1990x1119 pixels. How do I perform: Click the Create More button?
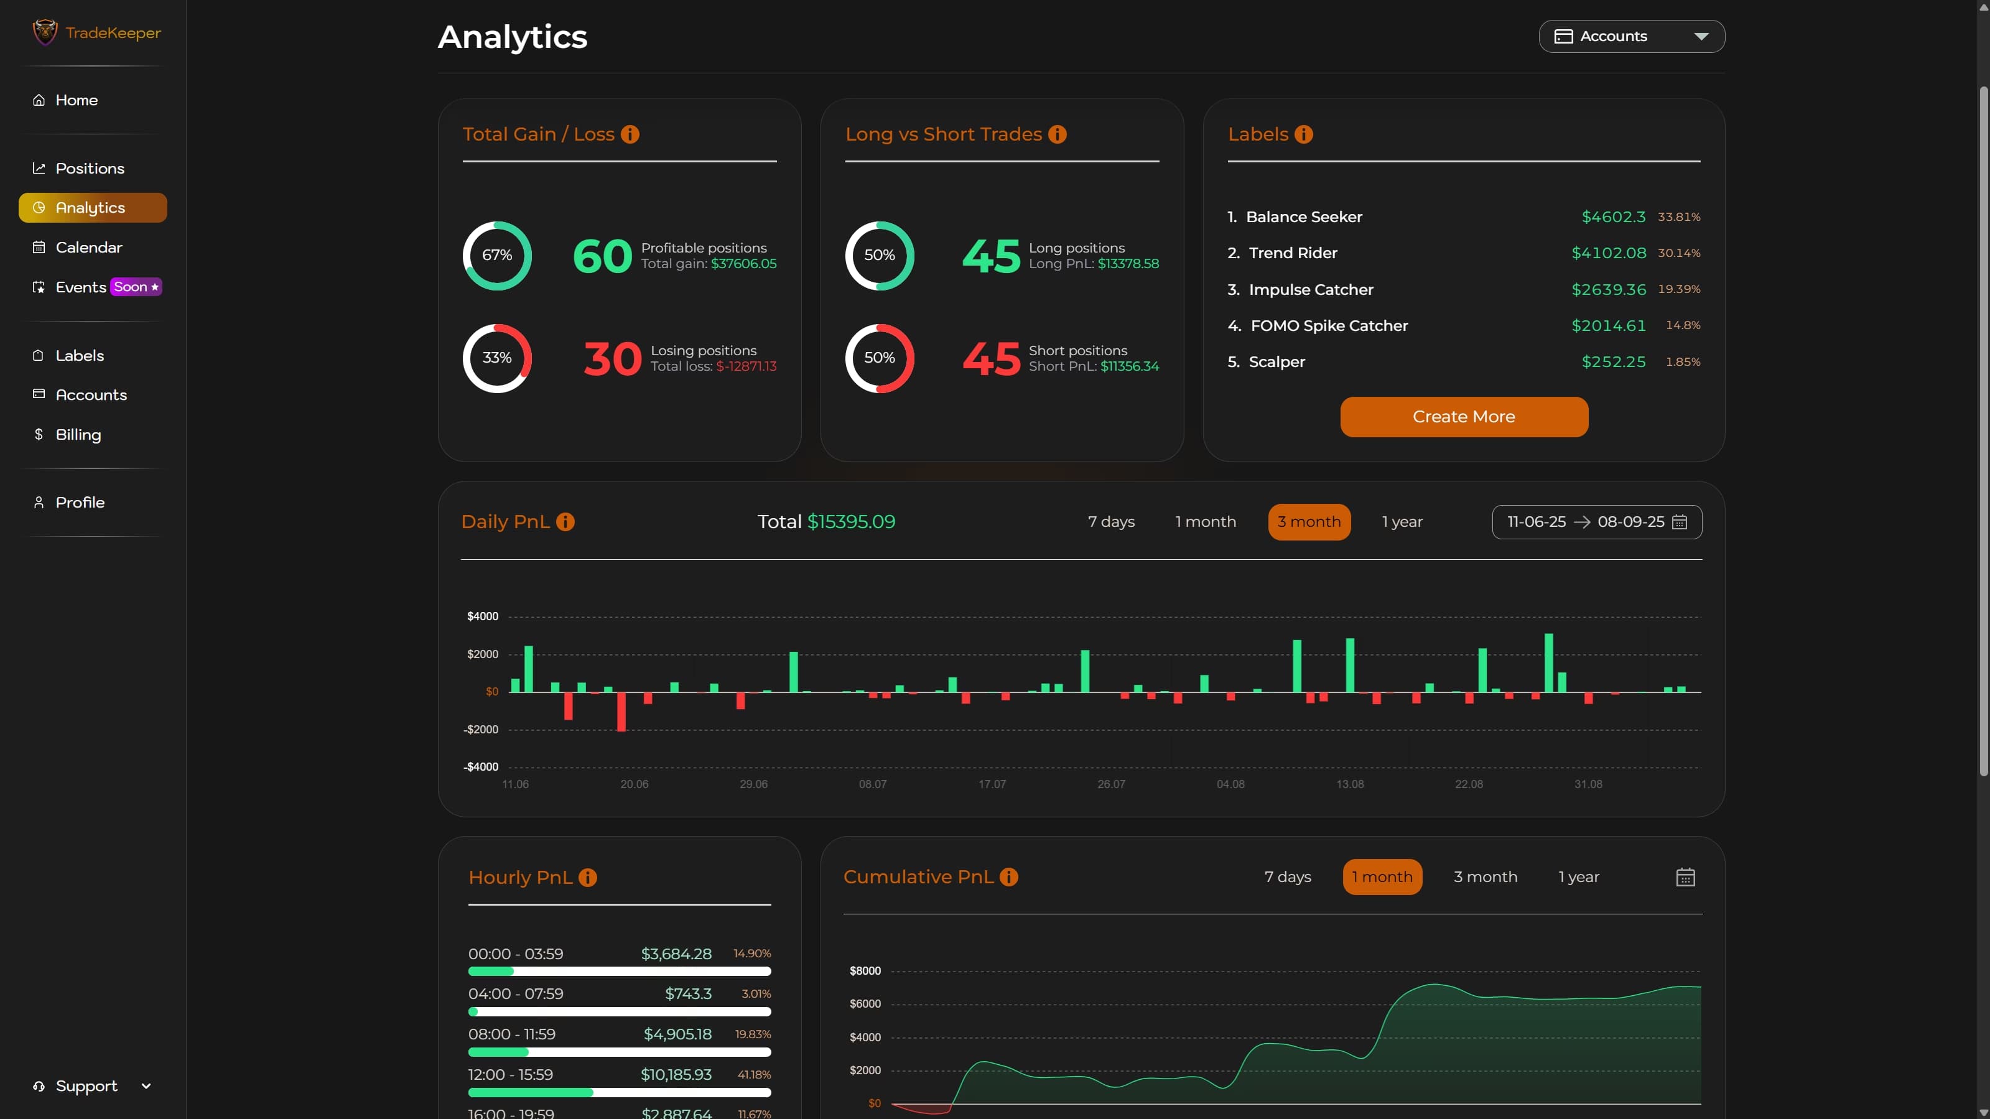1463,417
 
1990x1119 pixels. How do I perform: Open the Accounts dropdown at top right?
1631,36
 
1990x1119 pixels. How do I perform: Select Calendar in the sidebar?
88,247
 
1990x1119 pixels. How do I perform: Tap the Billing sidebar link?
78,435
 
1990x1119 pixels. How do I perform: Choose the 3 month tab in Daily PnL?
1309,522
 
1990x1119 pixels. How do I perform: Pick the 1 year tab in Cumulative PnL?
1578,877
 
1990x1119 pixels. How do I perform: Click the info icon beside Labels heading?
1303,134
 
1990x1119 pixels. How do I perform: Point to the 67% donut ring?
497,256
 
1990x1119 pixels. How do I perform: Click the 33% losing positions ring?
497,358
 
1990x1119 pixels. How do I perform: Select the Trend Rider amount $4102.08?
1609,253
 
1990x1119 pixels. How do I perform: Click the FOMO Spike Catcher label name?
1329,326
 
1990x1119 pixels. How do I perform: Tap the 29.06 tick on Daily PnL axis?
753,784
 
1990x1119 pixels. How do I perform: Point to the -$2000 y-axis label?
480,730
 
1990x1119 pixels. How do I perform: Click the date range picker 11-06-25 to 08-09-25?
1596,522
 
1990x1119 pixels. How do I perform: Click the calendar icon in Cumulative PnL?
1685,877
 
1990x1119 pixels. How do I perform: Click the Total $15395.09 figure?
826,522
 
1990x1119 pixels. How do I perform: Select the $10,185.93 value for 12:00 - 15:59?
676,1075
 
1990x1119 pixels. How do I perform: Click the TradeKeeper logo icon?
45,32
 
